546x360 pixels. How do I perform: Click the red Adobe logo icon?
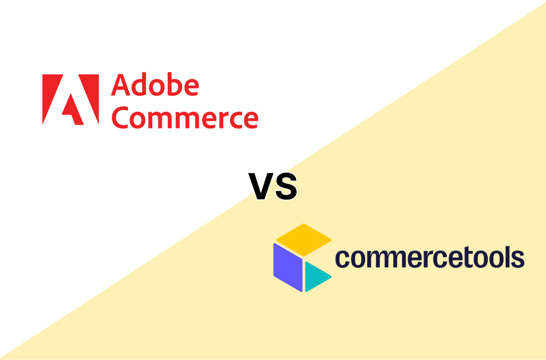click(x=71, y=99)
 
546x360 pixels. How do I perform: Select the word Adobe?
click(x=154, y=86)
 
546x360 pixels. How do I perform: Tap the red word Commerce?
click(x=184, y=117)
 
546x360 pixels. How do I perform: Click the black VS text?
click(x=273, y=186)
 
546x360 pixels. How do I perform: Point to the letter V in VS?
click(x=261, y=186)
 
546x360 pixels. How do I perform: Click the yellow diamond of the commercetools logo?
click(x=303, y=239)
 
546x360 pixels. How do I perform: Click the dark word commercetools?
click(x=430, y=257)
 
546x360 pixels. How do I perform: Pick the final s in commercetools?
click(x=517, y=258)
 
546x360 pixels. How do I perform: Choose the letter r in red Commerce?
click(x=218, y=119)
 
